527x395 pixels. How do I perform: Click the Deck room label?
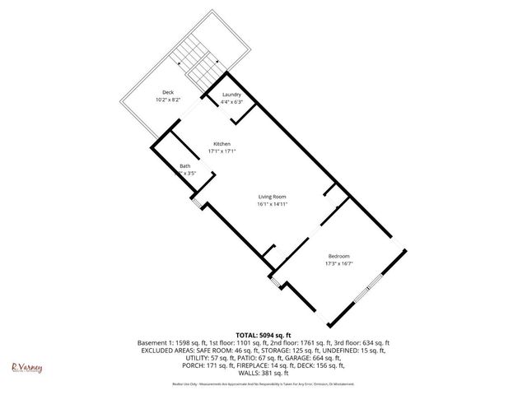tap(168, 92)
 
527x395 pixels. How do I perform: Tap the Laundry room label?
tap(231, 95)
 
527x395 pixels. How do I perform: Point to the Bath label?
tap(185, 167)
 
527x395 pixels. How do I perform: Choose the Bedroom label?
tap(340, 256)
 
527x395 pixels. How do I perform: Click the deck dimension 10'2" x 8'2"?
tap(168, 100)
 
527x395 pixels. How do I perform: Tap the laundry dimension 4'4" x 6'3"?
tap(231, 102)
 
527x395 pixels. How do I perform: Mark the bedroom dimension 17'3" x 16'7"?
tap(340, 263)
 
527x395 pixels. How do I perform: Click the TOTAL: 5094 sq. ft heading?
tap(263, 335)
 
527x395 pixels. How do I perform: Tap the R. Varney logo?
tap(26, 366)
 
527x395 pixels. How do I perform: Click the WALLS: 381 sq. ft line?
tap(263, 373)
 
